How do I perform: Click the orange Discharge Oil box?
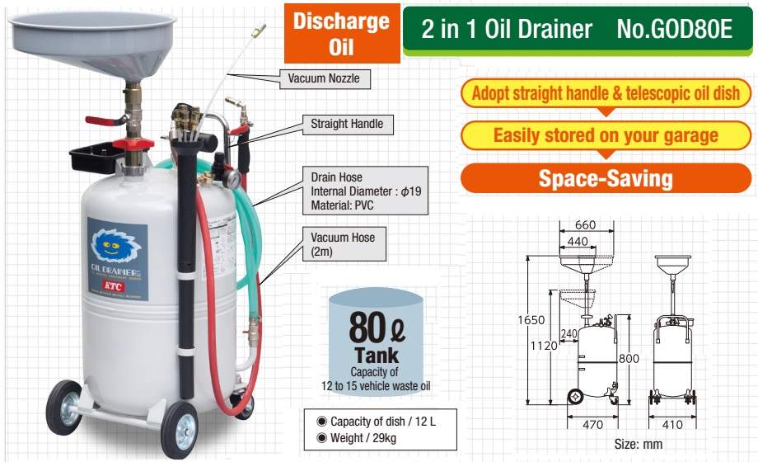(x=341, y=34)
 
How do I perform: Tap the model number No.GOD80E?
(x=674, y=30)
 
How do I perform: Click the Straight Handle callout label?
(x=346, y=125)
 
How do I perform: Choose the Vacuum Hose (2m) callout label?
(x=343, y=244)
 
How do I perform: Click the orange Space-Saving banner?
(x=605, y=177)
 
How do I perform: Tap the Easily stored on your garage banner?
(x=605, y=134)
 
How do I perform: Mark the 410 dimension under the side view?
(x=673, y=427)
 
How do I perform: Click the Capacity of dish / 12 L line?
(x=381, y=422)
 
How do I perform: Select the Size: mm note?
(x=638, y=445)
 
